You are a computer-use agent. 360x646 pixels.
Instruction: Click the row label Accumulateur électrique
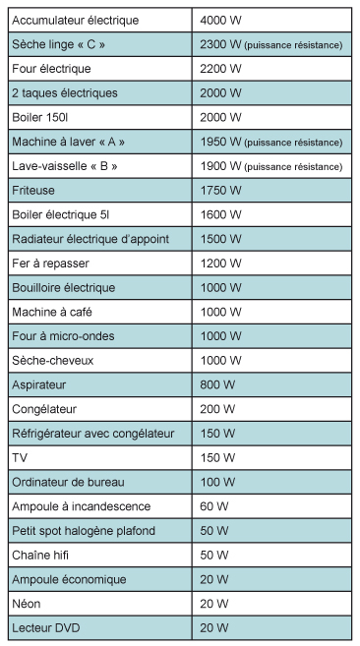75,21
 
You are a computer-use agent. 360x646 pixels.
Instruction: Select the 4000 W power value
219,21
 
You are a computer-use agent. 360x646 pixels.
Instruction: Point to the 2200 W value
219,69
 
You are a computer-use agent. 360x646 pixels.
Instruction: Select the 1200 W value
219,264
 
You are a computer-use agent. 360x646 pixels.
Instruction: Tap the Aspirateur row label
39,384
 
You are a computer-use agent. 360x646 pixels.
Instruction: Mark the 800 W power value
216,384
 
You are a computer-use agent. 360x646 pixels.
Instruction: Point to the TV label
20,457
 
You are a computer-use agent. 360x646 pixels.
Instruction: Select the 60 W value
213,506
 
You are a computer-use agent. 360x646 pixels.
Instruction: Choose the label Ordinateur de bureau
68,482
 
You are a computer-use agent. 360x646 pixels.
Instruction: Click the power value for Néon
213,604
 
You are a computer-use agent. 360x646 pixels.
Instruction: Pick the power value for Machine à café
219,312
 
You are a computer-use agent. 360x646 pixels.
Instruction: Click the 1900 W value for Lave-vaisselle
219,166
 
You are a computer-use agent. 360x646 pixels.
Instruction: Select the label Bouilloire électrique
63,287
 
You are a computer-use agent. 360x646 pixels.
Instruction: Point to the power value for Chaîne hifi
213,555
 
